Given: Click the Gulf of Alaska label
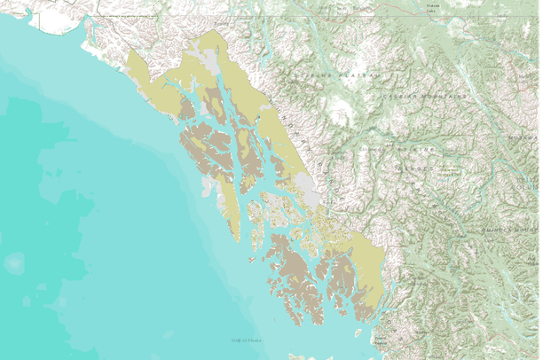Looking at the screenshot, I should coord(247,340).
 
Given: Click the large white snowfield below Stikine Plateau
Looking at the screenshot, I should coord(341,111).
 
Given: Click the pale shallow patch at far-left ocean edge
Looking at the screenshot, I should coord(13,263).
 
